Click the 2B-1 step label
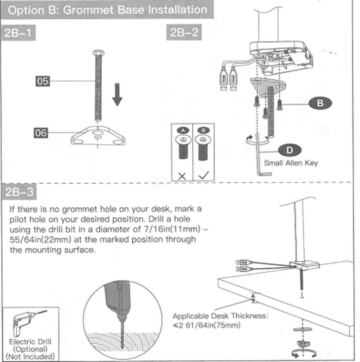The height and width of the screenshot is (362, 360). click(x=18, y=33)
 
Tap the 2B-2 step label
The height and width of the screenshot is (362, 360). click(x=184, y=32)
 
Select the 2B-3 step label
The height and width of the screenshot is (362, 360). click(x=19, y=192)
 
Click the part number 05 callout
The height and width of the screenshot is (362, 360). click(x=43, y=81)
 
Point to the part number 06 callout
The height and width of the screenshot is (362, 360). click(x=41, y=133)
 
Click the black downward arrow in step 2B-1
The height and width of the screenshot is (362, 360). click(x=117, y=95)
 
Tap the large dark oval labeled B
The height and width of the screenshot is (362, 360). click(x=320, y=103)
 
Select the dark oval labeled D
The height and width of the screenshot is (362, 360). click(x=290, y=150)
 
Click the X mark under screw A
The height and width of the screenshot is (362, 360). click(x=182, y=176)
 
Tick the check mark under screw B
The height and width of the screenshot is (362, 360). click(x=203, y=175)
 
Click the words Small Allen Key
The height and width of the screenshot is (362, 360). click(x=291, y=163)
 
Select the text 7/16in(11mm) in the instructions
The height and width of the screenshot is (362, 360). click(x=172, y=229)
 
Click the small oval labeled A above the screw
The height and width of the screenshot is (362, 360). click(x=183, y=130)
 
